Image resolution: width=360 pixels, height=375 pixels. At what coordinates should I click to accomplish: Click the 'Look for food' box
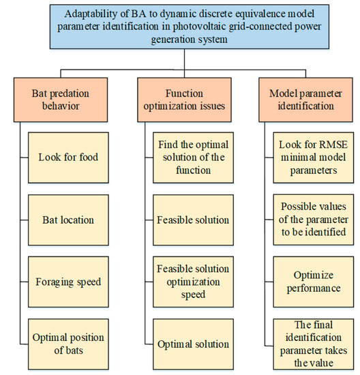tap(68, 157)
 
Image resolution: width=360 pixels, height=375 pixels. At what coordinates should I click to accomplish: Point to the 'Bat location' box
tap(68, 220)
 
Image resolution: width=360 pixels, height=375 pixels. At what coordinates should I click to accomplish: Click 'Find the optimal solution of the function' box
tap(193, 157)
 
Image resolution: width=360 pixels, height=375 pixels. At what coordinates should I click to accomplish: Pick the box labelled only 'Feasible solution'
tap(193, 220)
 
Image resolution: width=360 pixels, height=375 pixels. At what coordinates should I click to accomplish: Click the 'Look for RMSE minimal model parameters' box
tap(314, 157)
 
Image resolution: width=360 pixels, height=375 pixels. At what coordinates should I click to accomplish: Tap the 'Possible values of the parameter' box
tap(314, 220)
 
